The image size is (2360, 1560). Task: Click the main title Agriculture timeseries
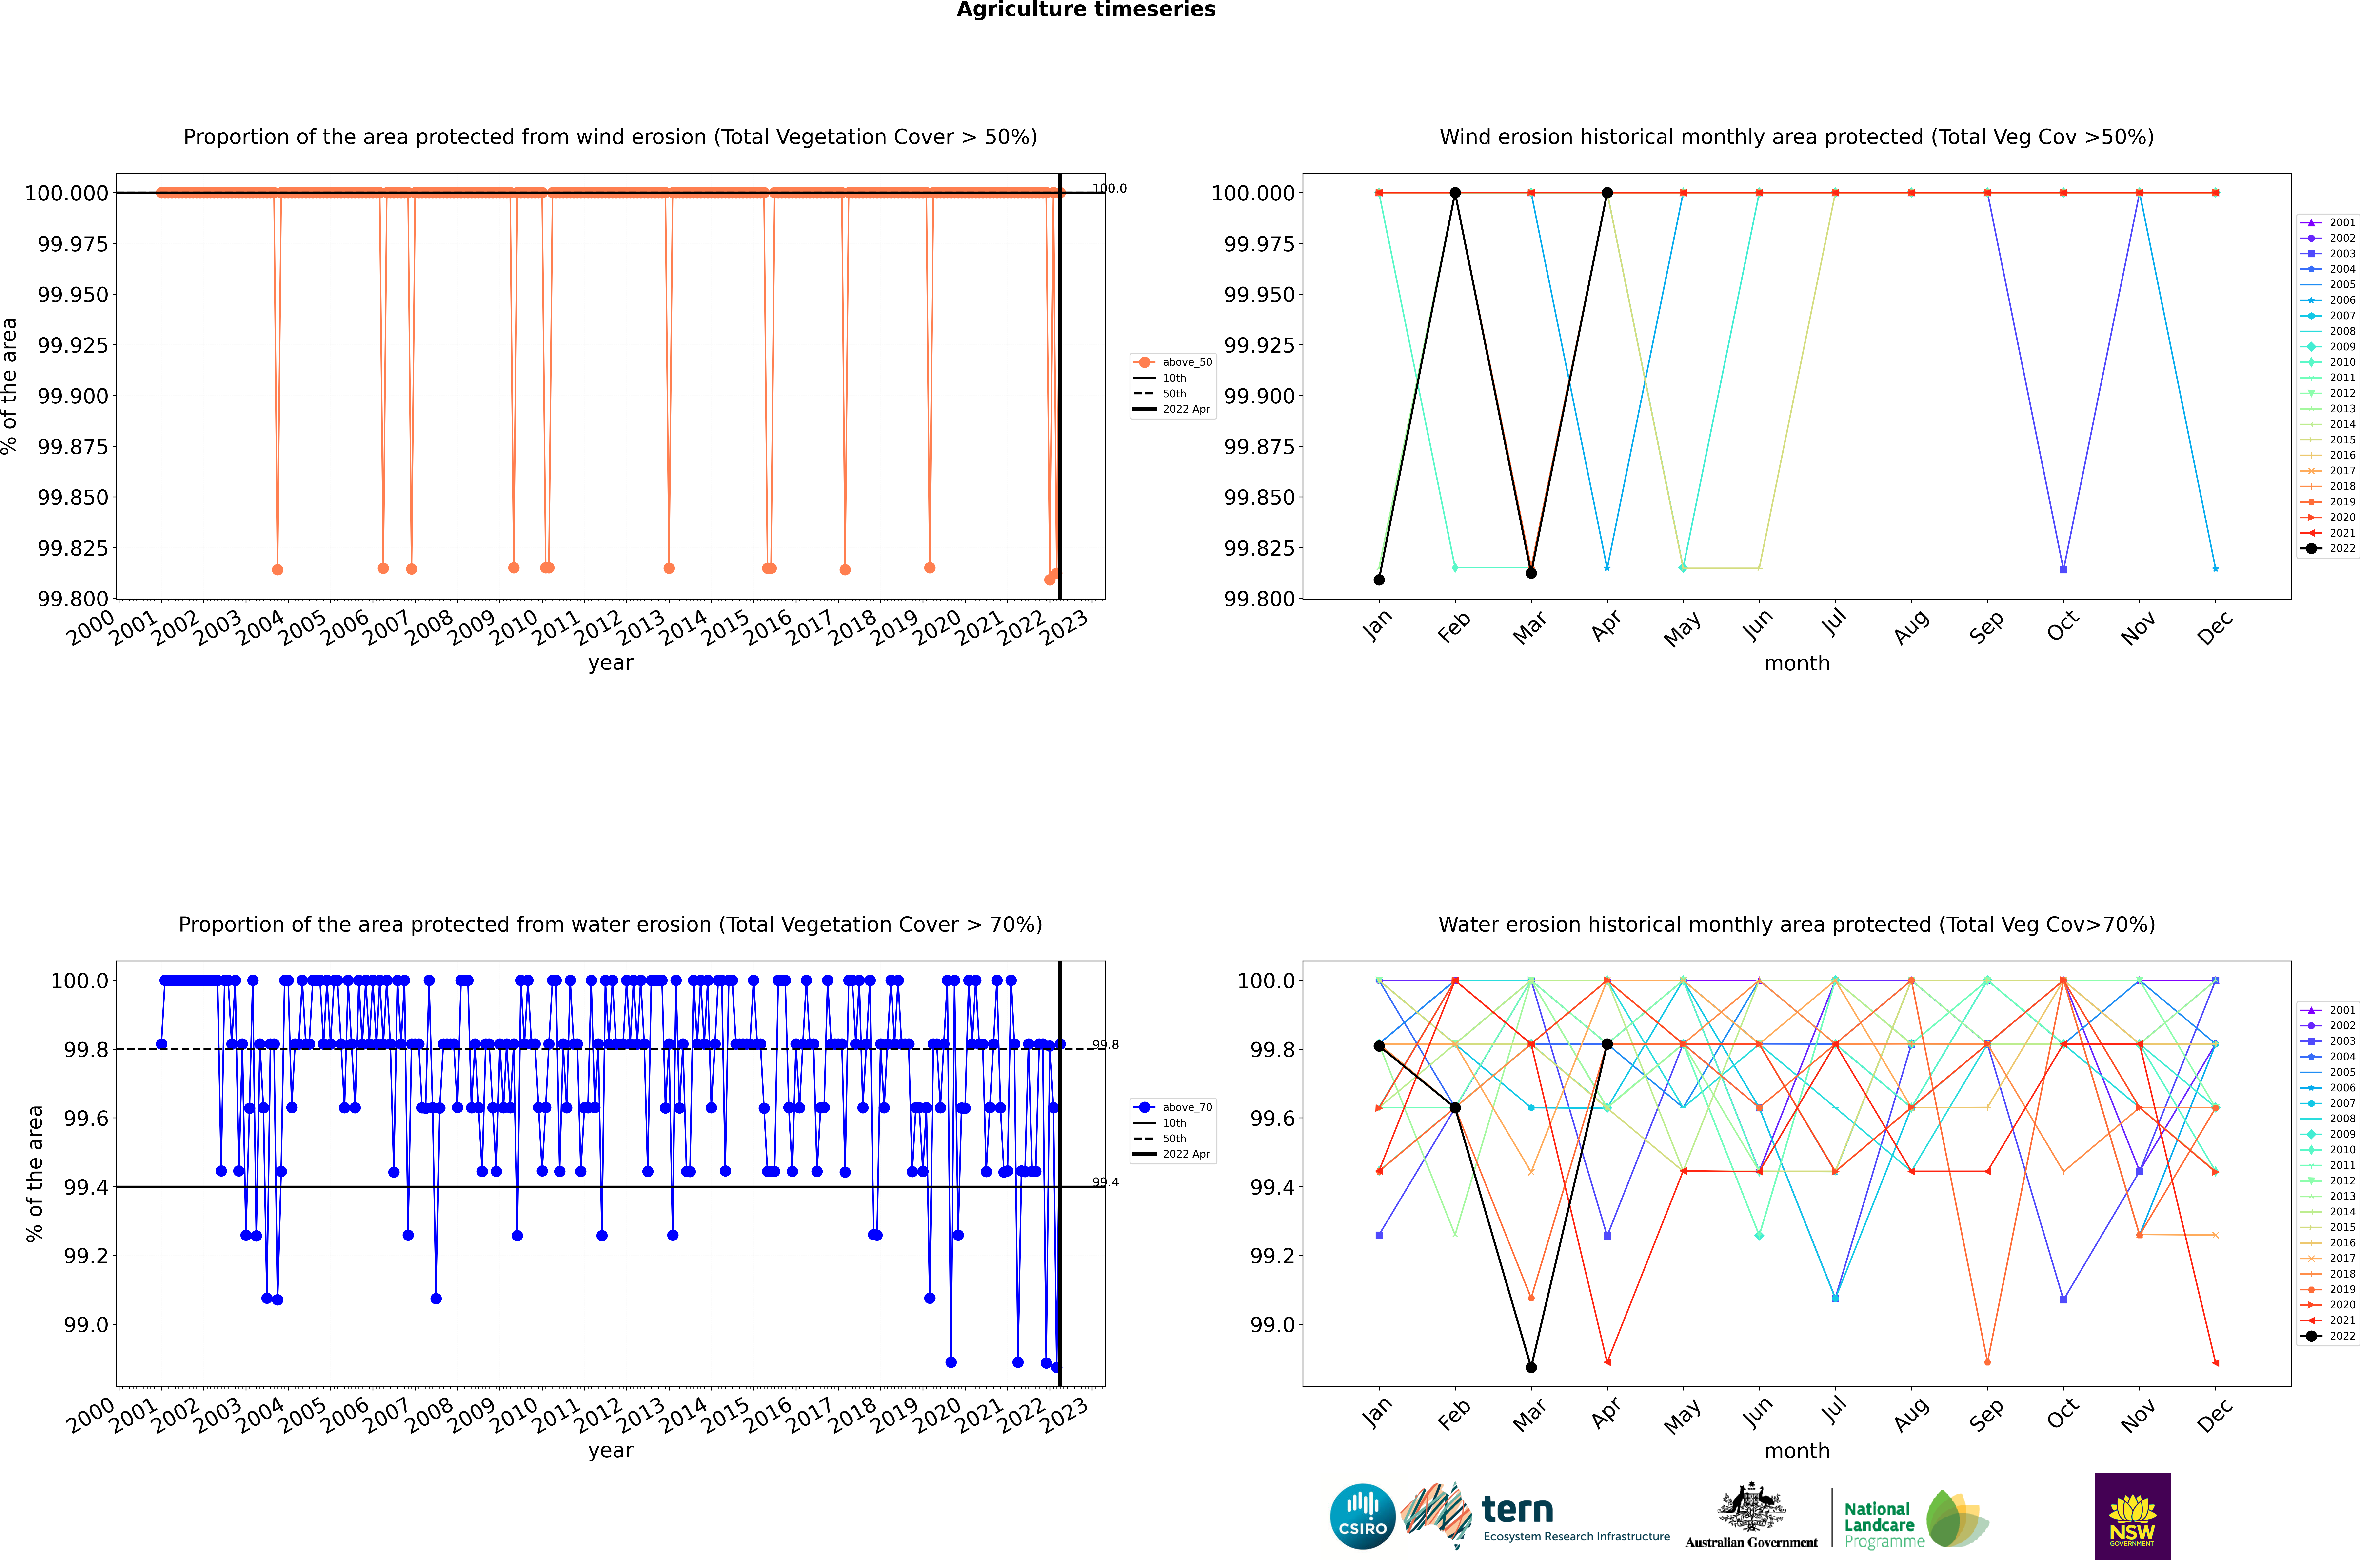1086,10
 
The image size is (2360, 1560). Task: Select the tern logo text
1517,1509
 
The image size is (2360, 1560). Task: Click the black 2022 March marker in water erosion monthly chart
1530,1367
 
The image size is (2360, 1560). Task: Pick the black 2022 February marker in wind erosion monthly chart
1455,193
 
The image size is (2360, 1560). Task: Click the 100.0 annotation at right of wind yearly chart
1109,188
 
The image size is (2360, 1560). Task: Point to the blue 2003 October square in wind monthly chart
2064,569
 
